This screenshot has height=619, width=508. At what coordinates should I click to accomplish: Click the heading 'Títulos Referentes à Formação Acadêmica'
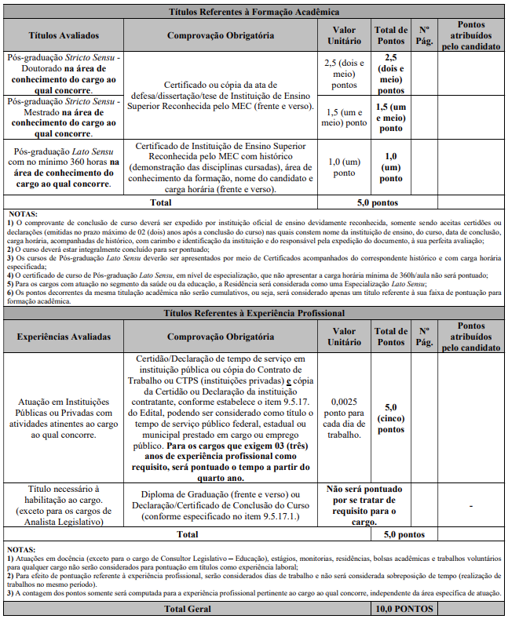(254, 13)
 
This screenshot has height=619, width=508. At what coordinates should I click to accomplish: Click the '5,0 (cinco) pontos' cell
(391, 417)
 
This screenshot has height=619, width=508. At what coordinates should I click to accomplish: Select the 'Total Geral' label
(186, 609)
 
